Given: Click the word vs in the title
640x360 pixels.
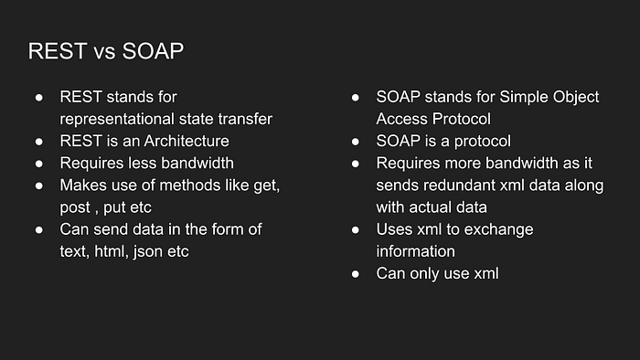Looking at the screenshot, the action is click(104, 53).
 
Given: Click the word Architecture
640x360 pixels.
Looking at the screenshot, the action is click(187, 141).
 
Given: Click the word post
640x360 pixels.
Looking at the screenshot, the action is click(75, 208).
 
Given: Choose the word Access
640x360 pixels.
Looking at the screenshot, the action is click(402, 119).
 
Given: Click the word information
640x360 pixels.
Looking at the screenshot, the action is click(415, 251).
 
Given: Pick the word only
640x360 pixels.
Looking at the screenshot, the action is click(424, 274).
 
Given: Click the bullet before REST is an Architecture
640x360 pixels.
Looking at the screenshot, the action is click(39, 142).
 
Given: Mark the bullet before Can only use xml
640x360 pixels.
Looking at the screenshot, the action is click(356, 274).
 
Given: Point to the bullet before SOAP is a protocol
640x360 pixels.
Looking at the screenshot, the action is click(356, 142).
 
